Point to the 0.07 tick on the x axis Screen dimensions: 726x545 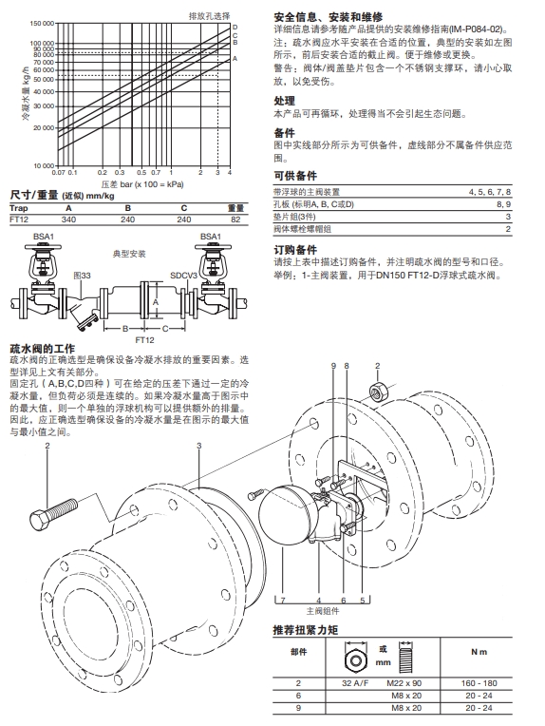pos(57,173)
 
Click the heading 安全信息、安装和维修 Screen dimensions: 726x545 pos(328,17)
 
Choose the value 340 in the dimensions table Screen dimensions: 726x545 pos(68,219)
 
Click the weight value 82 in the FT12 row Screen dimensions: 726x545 pos(235,219)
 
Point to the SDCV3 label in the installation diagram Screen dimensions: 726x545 pos(184,274)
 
